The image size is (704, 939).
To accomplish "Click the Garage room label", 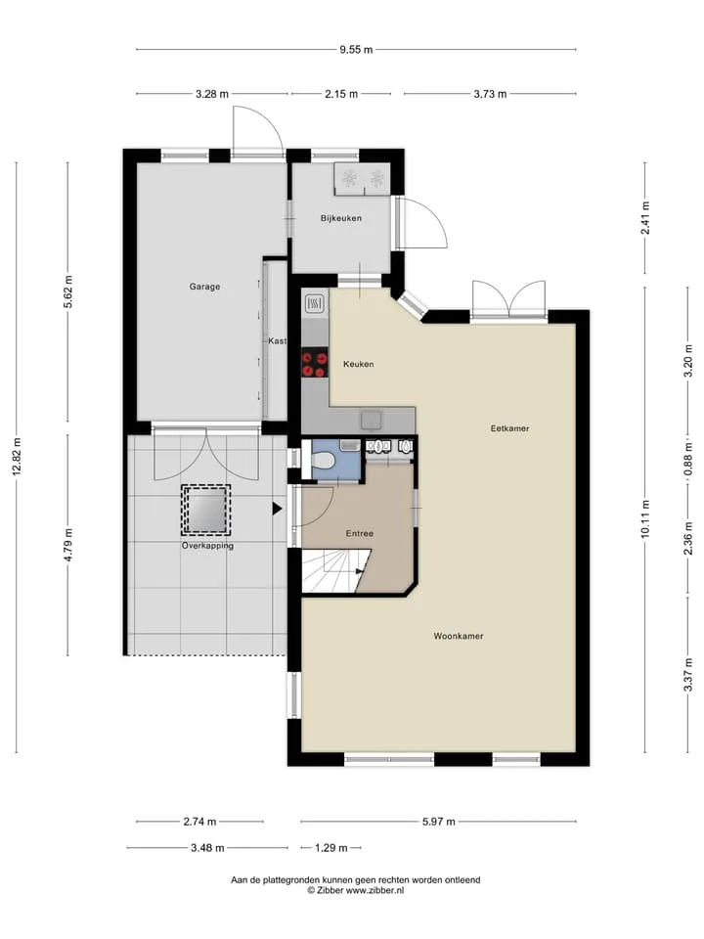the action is [x=204, y=287].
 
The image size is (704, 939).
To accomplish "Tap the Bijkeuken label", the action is [x=340, y=218].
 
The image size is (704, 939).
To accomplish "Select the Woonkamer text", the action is [x=458, y=636].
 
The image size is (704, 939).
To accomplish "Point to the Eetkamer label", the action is [x=509, y=428].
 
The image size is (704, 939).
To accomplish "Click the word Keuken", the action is [x=358, y=364].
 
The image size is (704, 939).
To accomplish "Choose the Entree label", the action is [x=359, y=534].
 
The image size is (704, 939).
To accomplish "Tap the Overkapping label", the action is [x=207, y=546].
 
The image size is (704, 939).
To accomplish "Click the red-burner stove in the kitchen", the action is [x=314, y=363].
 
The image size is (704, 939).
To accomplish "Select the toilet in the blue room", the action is [x=324, y=460].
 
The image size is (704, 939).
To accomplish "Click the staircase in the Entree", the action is [x=332, y=572].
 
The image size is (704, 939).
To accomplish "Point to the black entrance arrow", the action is [x=277, y=509].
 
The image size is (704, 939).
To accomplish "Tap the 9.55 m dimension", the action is [x=356, y=50].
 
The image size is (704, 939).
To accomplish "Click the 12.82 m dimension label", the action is [x=17, y=458].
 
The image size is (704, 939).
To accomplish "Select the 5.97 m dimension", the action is [x=439, y=822].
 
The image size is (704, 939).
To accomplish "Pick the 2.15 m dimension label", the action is [x=341, y=94].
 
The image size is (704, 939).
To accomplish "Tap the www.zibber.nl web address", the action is [x=374, y=890].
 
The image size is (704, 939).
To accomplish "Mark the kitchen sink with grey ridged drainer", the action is [x=314, y=304].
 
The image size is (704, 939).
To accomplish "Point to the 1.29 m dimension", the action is [x=331, y=848].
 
